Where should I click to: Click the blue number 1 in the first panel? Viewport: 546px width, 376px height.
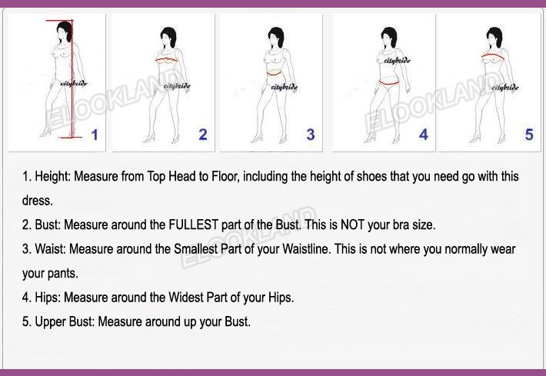coord(95,135)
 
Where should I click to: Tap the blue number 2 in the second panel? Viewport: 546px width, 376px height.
coord(203,135)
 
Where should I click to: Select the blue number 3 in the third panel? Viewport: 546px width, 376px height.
coord(311,135)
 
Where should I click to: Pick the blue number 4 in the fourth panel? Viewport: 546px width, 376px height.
coord(424,135)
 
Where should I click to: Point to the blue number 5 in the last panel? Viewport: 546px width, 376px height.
coord(529,135)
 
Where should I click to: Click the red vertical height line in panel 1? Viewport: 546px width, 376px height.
coord(72,78)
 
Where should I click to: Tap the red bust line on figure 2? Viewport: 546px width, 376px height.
coord(166,59)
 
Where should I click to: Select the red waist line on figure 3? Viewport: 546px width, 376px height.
coord(274,73)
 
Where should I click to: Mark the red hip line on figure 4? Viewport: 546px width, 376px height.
coord(388,83)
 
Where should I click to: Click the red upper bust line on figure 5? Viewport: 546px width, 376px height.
coord(493,55)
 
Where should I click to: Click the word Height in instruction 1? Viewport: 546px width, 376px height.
coord(52,177)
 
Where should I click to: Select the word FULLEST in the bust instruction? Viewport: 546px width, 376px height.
coord(194,225)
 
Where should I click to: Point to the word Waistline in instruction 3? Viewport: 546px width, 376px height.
coord(306,249)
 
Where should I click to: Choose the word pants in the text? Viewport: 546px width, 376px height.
coord(63,274)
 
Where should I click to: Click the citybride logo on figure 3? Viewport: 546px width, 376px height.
coord(284,87)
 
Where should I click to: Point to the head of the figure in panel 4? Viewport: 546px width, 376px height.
coord(389,37)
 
